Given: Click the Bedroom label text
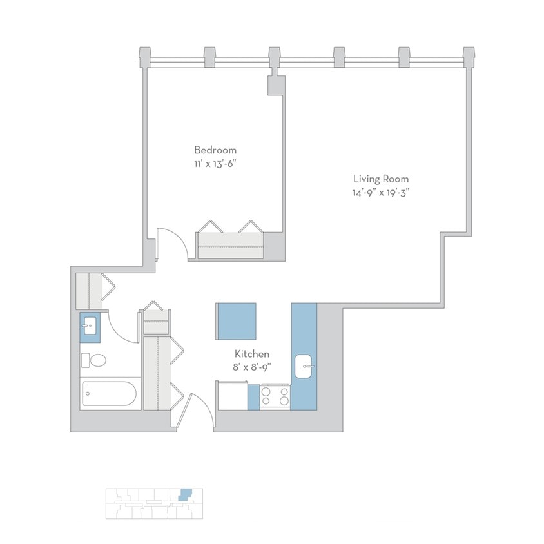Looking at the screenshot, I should [215, 150].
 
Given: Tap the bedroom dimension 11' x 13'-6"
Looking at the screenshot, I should [215, 164].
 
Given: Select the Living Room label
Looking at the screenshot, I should [380, 179].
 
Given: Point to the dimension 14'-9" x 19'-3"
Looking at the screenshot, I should [380, 192].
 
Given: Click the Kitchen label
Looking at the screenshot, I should [251, 354].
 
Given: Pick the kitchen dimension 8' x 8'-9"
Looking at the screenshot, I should [251, 367].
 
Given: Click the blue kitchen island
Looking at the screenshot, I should [235, 321].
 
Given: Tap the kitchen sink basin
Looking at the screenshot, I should [303, 367].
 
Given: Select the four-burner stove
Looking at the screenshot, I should [275, 396].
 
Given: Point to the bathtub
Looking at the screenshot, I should [110, 393].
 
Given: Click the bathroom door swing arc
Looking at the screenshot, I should [122, 325].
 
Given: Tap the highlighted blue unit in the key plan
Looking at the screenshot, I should [185, 495].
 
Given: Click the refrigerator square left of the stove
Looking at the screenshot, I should [232, 395].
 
